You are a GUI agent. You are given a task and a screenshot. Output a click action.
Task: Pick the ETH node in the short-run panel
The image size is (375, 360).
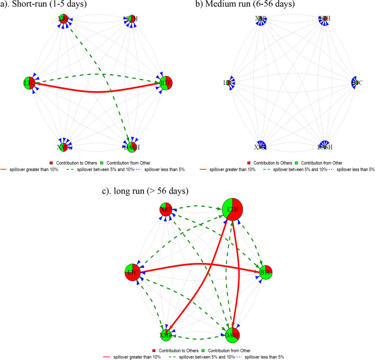[131, 20]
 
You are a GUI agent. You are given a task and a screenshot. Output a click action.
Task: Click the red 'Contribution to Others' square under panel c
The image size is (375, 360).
[155, 351]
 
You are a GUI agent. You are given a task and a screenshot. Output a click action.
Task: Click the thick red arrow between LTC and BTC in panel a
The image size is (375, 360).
[98, 92]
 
